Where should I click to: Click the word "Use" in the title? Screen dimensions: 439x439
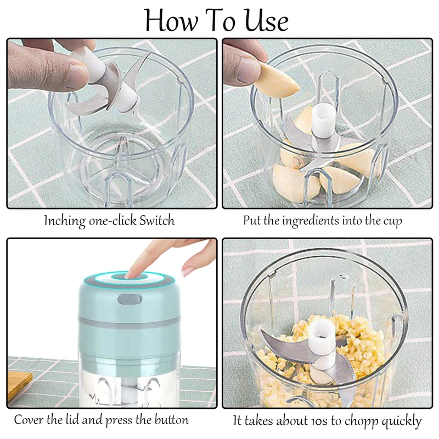(267, 21)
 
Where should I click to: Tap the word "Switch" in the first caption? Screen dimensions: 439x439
(157, 221)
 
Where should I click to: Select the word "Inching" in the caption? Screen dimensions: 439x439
(65, 221)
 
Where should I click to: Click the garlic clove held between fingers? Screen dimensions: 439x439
(278, 80)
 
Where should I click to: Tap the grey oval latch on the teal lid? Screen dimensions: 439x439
(130, 299)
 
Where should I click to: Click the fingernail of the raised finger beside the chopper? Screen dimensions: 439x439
(188, 271)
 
